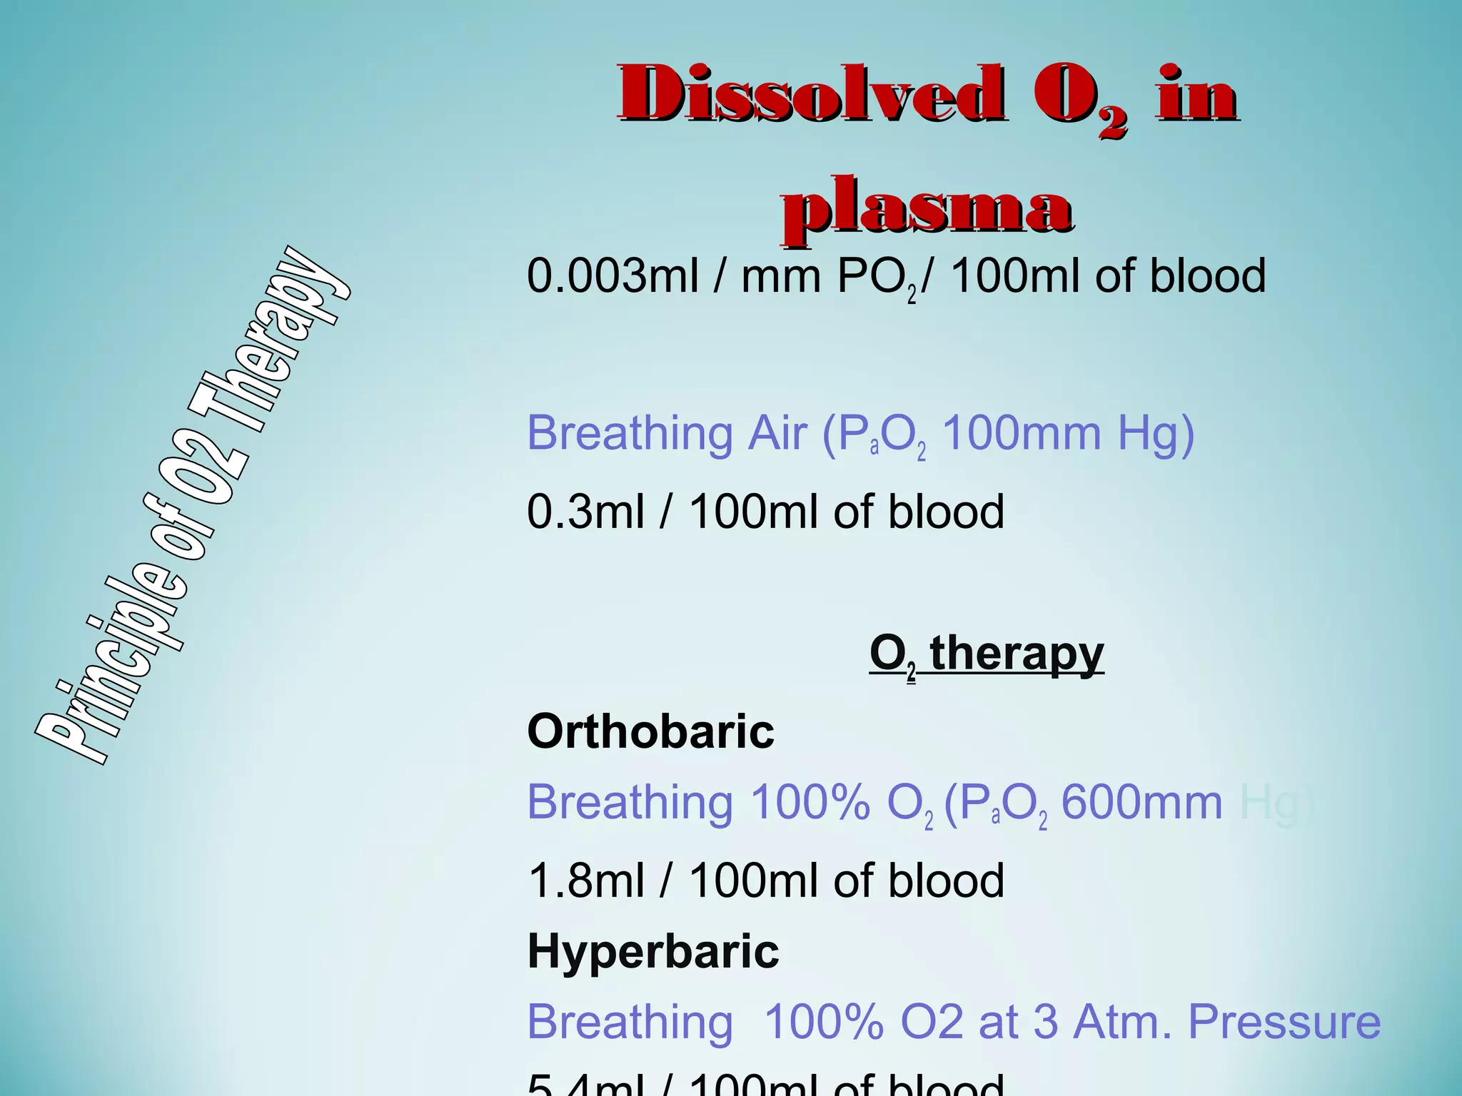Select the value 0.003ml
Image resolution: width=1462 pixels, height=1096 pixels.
tap(612, 276)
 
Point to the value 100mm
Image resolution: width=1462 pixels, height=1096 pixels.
tap(1022, 433)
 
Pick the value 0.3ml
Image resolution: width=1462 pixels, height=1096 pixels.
tap(586, 512)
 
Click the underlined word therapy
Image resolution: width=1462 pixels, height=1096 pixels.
tap(1017, 652)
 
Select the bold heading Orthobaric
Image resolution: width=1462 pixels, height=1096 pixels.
tap(650, 731)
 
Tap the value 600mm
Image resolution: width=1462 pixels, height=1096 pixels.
tap(1141, 803)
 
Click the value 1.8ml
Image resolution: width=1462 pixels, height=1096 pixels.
tap(586, 881)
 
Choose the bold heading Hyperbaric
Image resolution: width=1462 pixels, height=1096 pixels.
tap(653, 952)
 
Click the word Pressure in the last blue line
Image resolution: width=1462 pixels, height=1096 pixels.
tap(1284, 1022)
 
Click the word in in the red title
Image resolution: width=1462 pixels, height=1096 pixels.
tap(1196, 95)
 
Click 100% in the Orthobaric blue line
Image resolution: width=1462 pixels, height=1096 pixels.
tap(810, 803)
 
